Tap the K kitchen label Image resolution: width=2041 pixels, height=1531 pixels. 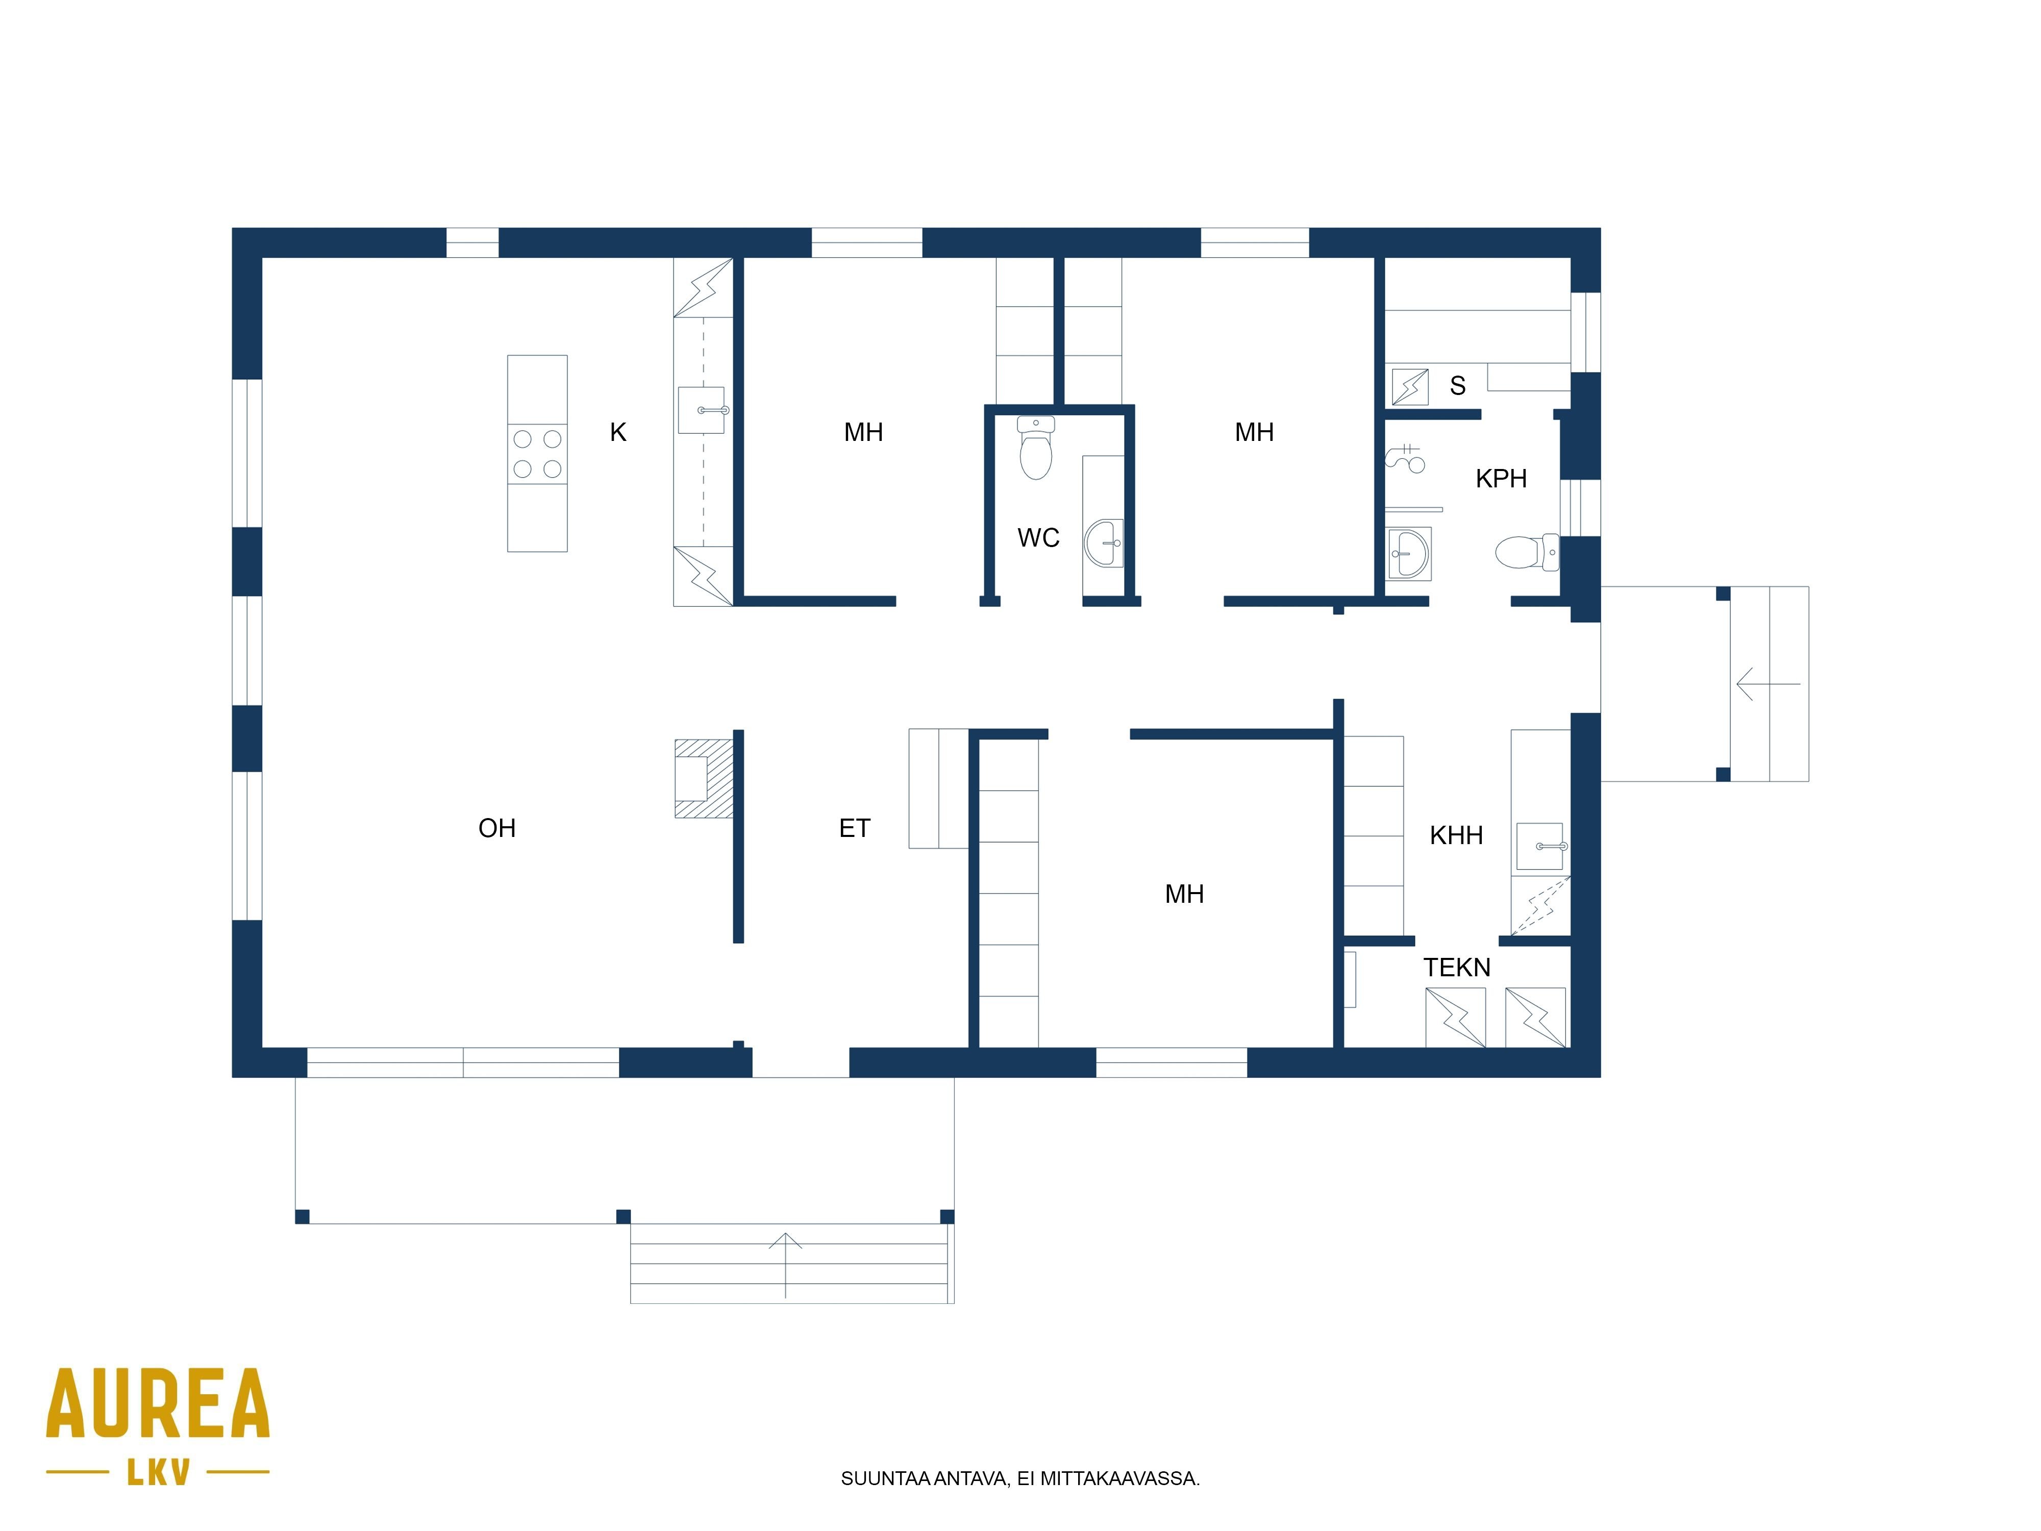pyautogui.click(x=618, y=432)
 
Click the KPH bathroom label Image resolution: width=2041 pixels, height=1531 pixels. pyautogui.click(x=1501, y=478)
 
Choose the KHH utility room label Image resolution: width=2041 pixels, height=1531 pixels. pyautogui.click(x=1456, y=835)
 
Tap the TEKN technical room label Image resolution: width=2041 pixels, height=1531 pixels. pyautogui.click(x=1457, y=967)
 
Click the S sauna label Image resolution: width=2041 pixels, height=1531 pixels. pyautogui.click(x=1458, y=386)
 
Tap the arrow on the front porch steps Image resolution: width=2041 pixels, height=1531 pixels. pyautogui.click(x=785, y=1265)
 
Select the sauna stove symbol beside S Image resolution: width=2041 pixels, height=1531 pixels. pyautogui.click(x=1410, y=387)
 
